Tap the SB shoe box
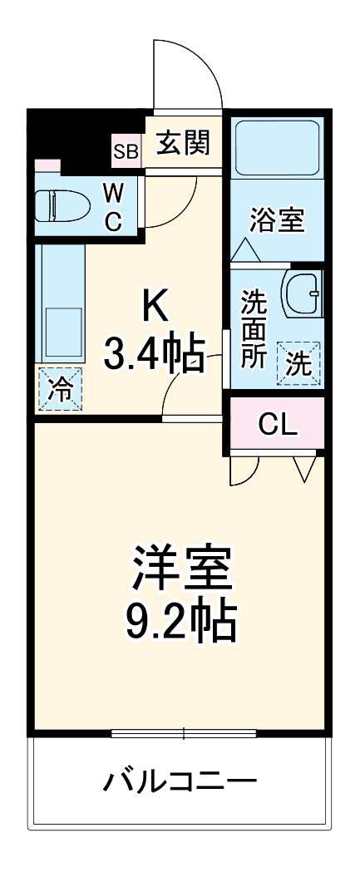[127, 151]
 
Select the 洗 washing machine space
[298, 362]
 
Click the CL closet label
[277, 424]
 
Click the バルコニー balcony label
[180, 781]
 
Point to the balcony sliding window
[184, 732]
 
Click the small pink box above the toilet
[47, 165]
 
